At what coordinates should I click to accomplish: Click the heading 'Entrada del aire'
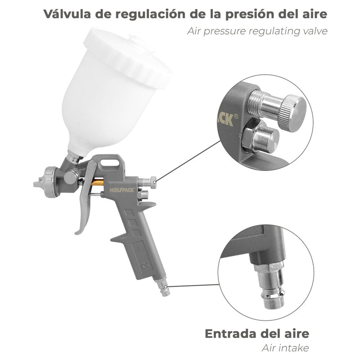point(257,334)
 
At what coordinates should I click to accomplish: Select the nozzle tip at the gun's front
point(36,184)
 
